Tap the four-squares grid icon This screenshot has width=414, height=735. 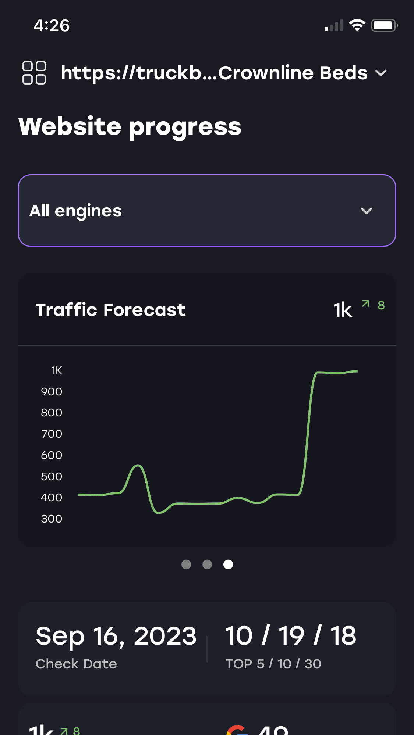click(34, 73)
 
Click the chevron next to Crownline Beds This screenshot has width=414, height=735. click(381, 73)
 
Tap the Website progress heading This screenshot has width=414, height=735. click(130, 127)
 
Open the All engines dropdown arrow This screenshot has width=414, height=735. click(366, 211)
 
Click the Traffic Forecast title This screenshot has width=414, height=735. click(110, 310)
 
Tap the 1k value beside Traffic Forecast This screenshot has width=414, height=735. click(343, 310)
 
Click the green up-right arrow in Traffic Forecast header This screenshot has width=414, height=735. click(365, 304)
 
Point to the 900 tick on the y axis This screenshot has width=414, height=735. click(52, 392)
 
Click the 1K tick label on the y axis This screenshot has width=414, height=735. click(56, 370)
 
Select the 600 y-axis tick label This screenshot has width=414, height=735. click(52, 455)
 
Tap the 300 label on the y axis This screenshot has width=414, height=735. click(52, 519)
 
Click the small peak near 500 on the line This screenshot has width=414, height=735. click(138, 466)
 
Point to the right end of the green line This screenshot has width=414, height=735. click(357, 371)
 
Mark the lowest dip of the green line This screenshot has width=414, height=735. click(158, 512)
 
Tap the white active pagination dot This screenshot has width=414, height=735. click(228, 564)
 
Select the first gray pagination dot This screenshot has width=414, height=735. click(186, 564)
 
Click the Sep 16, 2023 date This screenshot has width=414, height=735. click(116, 636)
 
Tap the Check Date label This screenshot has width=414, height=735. click(76, 664)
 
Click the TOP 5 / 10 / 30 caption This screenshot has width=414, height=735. click(273, 664)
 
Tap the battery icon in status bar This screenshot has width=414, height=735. click(384, 25)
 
